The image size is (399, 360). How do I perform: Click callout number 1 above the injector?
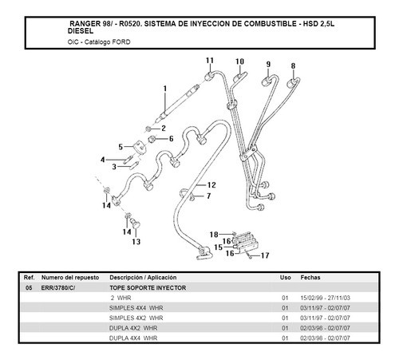point(165,89)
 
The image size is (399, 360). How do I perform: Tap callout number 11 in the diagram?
point(210,61)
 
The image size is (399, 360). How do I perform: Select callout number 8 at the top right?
point(293,65)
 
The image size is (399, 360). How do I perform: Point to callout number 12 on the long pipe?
point(211,185)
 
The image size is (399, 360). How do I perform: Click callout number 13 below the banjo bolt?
point(136,242)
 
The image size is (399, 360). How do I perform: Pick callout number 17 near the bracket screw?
point(265,255)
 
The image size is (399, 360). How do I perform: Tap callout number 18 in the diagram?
point(214,235)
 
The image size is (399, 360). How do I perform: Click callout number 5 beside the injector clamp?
point(120,147)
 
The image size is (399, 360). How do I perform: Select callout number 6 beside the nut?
point(171,138)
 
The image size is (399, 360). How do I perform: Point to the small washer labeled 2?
point(148,129)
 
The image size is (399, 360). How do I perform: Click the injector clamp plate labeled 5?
point(140,148)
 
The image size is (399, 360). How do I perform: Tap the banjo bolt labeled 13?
point(136,223)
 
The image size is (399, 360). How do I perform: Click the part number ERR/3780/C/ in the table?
point(58,288)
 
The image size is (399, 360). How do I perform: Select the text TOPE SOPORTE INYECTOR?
point(148,288)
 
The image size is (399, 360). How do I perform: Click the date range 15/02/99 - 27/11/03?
point(325,298)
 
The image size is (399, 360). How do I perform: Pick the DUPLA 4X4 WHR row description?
point(133,338)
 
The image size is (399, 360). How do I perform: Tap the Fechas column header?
point(310,278)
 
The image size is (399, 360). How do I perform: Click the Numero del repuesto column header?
point(70,278)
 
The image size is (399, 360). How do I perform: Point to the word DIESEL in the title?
point(81,31)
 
